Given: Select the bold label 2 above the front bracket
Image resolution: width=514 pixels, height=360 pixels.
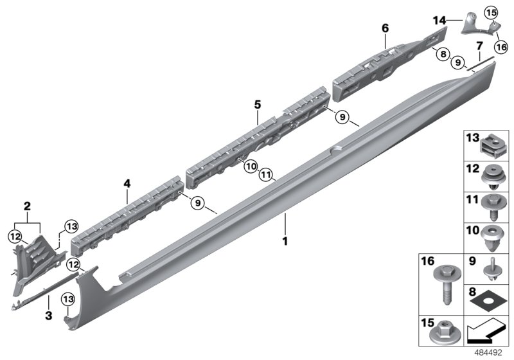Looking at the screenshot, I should [27, 206].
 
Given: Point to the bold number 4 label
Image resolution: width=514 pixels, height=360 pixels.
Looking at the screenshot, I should [127, 184].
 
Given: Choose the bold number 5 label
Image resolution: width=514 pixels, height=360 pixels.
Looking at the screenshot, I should [257, 104].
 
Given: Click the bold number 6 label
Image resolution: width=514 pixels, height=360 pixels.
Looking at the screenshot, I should [385, 28].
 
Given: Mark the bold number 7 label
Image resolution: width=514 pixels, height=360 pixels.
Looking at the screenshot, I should [479, 46].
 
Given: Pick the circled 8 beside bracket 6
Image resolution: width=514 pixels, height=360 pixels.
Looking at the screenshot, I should [443, 55].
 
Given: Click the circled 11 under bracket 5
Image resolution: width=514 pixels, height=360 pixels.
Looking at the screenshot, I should [266, 174].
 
